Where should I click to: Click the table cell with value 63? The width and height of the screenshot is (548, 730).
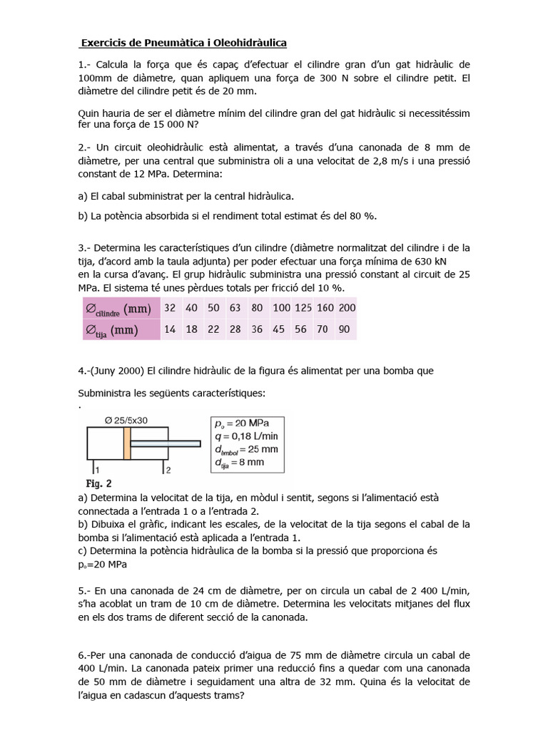(x=235, y=307)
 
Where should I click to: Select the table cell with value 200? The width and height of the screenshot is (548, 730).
(x=346, y=307)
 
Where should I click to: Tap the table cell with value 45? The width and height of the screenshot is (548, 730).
(x=279, y=329)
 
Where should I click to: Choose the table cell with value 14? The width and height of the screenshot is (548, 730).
(x=170, y=329)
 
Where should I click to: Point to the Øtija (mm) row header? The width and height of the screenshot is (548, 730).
(x=113, y=329)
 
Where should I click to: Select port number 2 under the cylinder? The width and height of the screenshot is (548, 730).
(x=168, y=471)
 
